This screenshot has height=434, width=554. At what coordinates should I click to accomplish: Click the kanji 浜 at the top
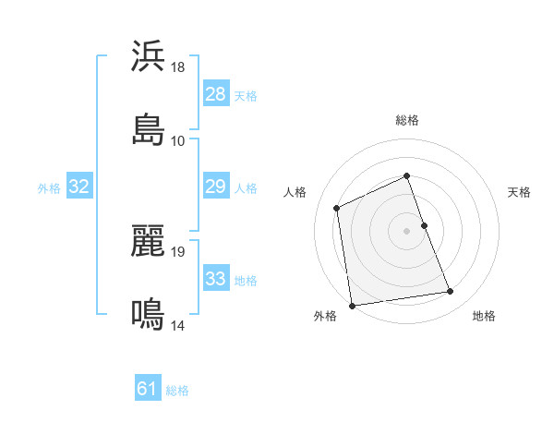click(148, 56)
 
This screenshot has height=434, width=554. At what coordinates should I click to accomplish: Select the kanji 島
click(148, 129)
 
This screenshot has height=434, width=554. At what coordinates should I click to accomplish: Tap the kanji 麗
click(148, 240)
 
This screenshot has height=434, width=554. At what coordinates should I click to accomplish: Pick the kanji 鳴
click(148, 314)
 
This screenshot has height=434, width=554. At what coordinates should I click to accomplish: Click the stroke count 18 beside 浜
click(178, 67)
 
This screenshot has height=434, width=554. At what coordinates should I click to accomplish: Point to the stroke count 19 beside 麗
click(178, 251)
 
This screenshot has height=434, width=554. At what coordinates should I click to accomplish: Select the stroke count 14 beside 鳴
click(178, 325)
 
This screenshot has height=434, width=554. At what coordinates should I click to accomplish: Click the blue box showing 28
click(215, 94)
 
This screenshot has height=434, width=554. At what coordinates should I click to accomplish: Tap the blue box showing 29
click(215, 187)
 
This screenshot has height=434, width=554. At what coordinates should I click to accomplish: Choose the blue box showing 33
click(215, 279)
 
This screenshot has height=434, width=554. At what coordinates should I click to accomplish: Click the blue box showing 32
click(79, 187)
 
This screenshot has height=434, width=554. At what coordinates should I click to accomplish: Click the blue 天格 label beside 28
click(246, 95)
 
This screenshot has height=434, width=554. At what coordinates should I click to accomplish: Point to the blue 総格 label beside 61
click(177, 390)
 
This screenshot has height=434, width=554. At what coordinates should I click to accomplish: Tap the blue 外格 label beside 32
click(49, 187)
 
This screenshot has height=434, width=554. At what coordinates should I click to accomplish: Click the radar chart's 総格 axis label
click(407, 120)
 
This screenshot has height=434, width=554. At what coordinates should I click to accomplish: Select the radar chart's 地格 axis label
click(484, 316)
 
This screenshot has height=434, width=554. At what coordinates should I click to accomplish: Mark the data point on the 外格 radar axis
click(351, 306)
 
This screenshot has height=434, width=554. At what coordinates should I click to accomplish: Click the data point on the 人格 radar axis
click(337, 208)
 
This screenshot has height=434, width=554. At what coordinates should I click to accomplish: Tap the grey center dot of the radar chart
click(407, 230)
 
